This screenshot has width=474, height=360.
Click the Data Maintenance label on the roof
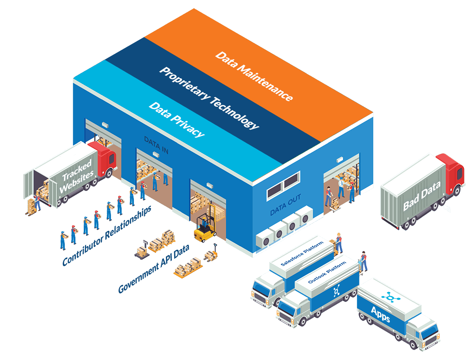(254, 75)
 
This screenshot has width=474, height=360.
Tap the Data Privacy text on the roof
(176, 119)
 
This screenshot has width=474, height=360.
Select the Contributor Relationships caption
(107, 236)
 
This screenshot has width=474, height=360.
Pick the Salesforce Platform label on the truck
(301, 253)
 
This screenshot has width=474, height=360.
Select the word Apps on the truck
(380, 314)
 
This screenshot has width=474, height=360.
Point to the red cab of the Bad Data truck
(454, 174)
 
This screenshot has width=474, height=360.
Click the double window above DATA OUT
(283, 185)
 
